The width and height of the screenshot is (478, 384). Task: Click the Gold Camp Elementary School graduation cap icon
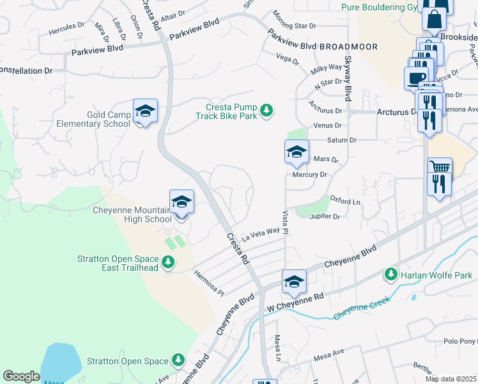click(x=145, y=112)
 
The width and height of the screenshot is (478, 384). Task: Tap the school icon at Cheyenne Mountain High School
click(x=181, y=202)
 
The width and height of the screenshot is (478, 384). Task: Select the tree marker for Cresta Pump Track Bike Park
click(x=267, y=111)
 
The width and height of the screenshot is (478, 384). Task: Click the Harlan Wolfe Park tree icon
click(x=390, y=275)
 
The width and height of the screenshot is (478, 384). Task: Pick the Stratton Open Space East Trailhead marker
click(x=167, y=262)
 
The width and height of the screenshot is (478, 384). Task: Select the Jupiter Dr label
click(x=325, y=217)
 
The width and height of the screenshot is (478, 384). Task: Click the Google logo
click(x=21, y=376)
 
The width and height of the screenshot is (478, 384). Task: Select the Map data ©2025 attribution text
click(x=451, y=379)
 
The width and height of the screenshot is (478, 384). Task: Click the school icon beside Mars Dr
click(x=297, y=152)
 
